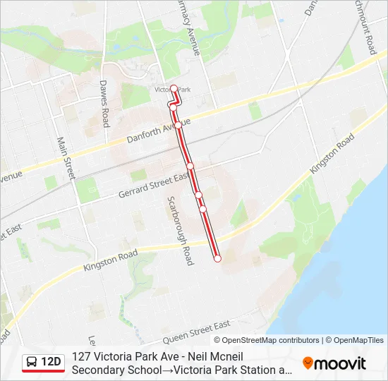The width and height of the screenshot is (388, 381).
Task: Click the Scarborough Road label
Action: tap(179, 230)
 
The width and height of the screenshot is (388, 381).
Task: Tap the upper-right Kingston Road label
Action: tap(332, 156)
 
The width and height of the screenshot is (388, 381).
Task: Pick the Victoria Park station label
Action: tap(173, 90)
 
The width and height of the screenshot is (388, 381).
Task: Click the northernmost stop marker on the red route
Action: tap(174, 88)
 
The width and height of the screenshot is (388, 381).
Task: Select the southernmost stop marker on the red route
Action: tap(217, 259)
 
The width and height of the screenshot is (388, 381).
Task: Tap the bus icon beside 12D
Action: tap(32, 363)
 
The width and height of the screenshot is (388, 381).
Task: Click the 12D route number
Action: tap(51, 363)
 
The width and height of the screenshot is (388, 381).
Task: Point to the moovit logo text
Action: tap(340, 363)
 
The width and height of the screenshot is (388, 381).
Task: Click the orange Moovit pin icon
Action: tap(308, 363)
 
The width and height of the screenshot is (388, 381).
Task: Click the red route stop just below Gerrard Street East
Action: tap(198, 195)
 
